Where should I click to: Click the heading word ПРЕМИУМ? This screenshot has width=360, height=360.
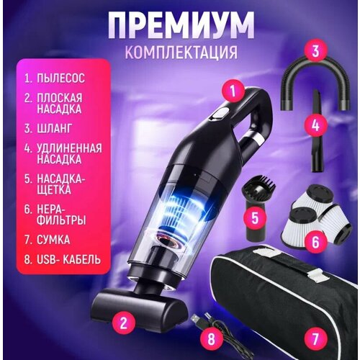pyautogui.click(x=181, y=26)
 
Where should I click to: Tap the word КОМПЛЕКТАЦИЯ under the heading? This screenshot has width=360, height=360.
pyautogui.click(x=180, y=53)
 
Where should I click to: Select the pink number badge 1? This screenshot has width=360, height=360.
pyautogui.click(x=231, y=90)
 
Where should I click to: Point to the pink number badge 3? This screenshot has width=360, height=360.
pyautogui.click(x=314, y=52)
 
